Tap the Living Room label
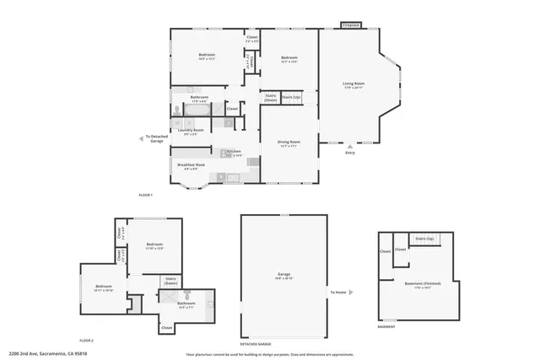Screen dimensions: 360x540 tap(353, 84)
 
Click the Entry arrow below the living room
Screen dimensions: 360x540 tap(350, 145)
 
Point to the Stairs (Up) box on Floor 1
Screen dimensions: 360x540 tap(291, 98)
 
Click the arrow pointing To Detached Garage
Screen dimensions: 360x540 tap(141, 138)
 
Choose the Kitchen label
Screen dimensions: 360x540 tap(234, 153)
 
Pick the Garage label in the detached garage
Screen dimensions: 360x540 tap(284, 276)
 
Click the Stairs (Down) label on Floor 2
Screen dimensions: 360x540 tap(170, 281)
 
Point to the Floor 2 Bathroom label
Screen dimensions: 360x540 tap(186, 304)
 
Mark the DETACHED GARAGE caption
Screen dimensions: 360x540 tap(256, 345)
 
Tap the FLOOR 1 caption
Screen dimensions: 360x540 tap(146, 195)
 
